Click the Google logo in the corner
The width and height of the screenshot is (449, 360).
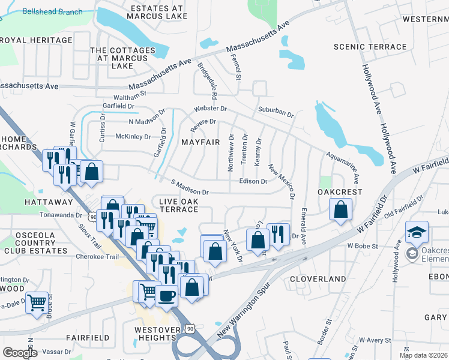[x=20, y=353]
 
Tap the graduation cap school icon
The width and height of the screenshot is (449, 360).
[x=417, y=232]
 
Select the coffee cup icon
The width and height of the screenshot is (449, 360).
[x=166, y=295]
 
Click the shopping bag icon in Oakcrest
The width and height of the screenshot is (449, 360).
[x=340, y=209]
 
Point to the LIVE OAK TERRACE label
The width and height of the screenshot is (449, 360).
[x=179, y=204]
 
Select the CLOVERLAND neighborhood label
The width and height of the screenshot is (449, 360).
[x=318, y=279]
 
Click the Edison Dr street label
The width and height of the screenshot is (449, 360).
[x=253, y=181]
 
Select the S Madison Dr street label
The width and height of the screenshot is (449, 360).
[x=189, y=187]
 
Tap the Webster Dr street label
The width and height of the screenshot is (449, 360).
[x=210, y=109]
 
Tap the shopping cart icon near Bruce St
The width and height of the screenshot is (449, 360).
[x=37, y=303]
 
